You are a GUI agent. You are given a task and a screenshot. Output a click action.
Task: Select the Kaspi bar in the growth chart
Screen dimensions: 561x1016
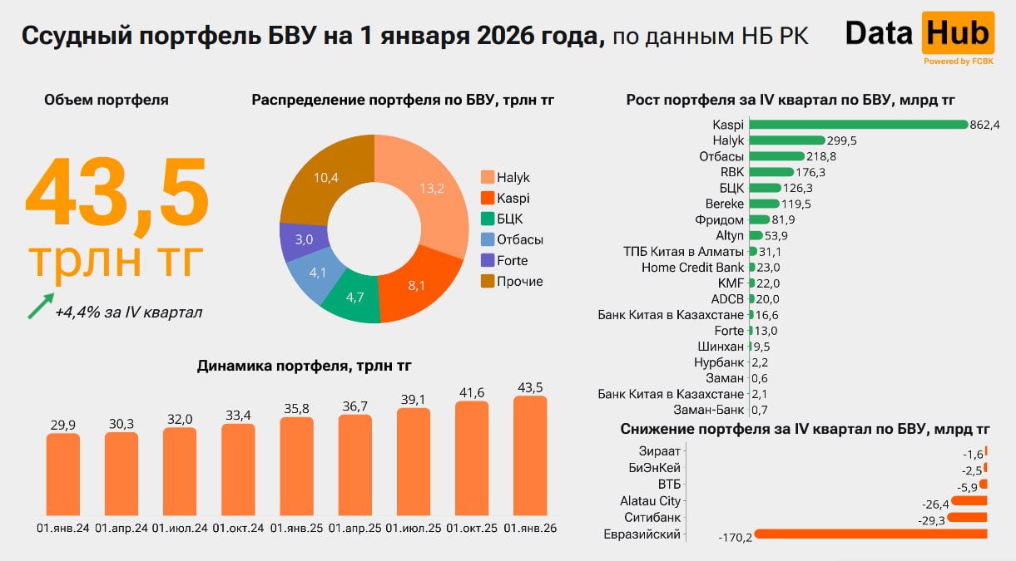[x=857, y=125]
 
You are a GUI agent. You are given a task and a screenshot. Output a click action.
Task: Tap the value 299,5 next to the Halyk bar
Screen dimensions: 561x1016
[x=842, y=141]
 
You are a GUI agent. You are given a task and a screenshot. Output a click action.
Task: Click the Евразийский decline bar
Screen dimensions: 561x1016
[x=870, y=534]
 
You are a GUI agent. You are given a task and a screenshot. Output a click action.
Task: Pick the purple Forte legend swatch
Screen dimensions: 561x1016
[x=488, y=261]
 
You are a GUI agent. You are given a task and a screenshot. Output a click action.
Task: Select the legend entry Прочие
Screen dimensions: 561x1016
[x=519, y=282]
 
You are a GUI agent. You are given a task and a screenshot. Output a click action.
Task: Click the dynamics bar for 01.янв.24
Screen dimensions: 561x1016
[x=62, y=474]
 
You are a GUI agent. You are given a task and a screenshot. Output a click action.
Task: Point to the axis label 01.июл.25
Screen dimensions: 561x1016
[x=414, y=529]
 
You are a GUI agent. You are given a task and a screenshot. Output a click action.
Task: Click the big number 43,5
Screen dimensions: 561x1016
[x=116, y=193]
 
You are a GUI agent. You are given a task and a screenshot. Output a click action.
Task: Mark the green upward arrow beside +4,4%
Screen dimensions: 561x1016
[x=40, y=305]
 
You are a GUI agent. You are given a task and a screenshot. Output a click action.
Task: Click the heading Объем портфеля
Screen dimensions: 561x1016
[x=107, y=100]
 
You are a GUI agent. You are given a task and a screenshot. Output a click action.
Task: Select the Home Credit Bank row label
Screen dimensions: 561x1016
[x=693, y=268]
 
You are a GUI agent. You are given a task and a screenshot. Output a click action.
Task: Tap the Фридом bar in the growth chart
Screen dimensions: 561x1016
[x=759, y=220]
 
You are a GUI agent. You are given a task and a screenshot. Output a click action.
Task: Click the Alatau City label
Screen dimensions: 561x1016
[x=650, y=501]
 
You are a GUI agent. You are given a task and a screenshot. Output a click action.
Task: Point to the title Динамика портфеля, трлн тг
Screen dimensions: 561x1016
[x=304, y=366]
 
